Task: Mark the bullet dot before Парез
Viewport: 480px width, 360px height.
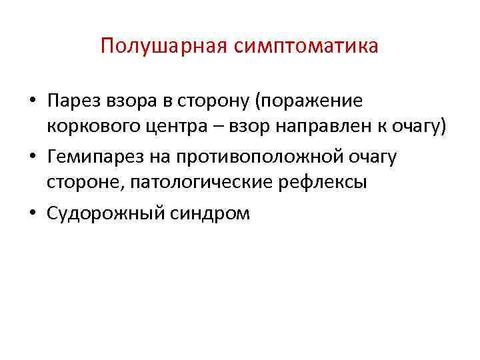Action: (32, 102)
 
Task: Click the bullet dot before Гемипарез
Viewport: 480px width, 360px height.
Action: (32, 157)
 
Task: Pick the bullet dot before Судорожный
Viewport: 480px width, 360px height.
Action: (32, 213)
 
